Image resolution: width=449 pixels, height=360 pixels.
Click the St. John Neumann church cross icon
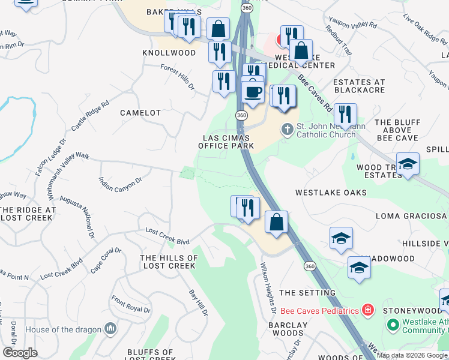(288, 129)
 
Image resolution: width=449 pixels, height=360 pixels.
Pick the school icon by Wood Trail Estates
(408, 164)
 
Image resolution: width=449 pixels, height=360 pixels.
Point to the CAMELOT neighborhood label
(140, 113)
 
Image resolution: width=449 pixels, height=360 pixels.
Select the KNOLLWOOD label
(169, 53)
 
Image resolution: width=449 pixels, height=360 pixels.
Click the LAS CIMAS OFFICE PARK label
(226, 142)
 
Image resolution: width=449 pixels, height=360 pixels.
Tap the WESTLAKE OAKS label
(331, 193)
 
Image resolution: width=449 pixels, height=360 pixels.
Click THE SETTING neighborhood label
(307, 293)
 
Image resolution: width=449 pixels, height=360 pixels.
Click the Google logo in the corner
(20, 353)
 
